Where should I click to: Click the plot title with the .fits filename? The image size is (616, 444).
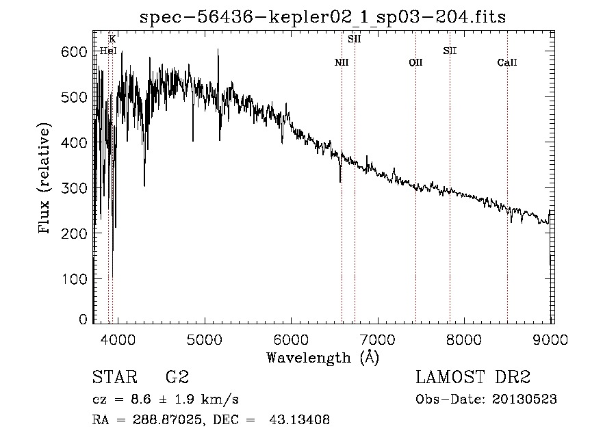click(322, 17)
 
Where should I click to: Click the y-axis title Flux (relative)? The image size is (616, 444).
click(45, 179)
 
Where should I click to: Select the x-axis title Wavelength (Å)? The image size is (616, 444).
click(322, 356)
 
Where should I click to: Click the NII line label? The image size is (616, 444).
click(342, 63)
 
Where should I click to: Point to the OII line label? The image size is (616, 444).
click(415, 63)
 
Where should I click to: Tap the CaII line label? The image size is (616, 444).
click(507, 63)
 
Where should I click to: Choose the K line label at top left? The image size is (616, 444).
click(112, 39)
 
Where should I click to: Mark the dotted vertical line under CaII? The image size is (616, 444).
click(507, 205)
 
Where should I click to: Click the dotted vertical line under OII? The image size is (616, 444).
click(415, 205)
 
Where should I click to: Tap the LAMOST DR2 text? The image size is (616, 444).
click(473, 377)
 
